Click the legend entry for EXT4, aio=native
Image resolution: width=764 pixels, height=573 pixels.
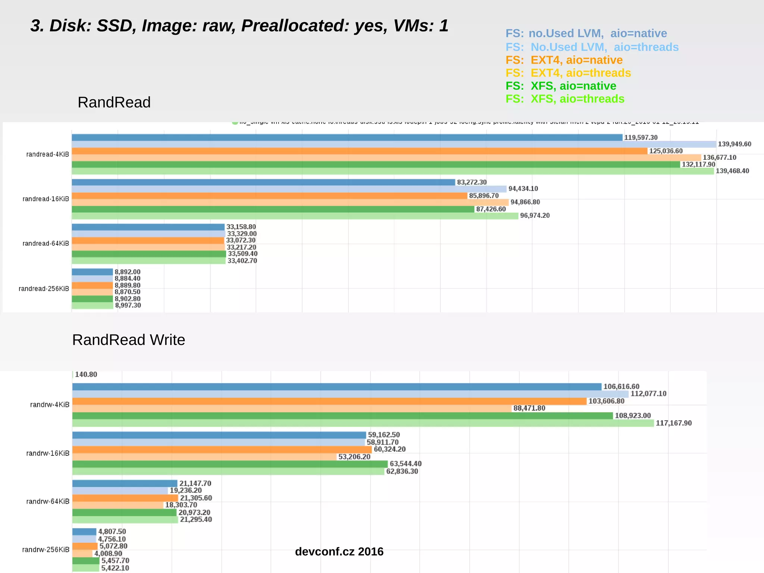pyautogui.click(x=564, y=60)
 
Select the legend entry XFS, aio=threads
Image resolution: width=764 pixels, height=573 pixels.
pyautogui.click(x=564, y=99)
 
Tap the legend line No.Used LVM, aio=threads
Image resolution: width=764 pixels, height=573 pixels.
pyautogui.click(x=592, y=47)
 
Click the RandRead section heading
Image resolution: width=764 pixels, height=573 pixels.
pyautogui.click(x=114, y=102)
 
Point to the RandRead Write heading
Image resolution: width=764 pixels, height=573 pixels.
pyautogui.click(x=128, y=340)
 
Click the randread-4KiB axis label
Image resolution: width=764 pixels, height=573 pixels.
pyautogui.click(x=47, y=155)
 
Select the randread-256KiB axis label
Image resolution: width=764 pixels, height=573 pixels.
pyautogui.click(x=44, y=289)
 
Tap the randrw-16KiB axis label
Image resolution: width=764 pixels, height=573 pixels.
pyautogui.click(x=48, y=454)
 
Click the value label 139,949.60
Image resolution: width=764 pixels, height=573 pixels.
pyautogui.click(x=734, y=144)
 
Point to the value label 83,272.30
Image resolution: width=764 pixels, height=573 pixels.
pyautogui.click(x=472, y=182)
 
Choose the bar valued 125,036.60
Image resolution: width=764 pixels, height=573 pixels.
pyautogui.click(x=359, y=151)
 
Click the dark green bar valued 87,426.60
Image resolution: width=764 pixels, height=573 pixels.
pyautogui.click(x=272, y=209)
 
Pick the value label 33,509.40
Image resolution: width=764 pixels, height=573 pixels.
pyautogui.click(x=242, y=254)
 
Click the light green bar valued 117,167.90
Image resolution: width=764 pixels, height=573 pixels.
pyautogui.click(x=363, y=423)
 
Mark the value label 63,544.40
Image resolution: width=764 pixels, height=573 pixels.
pyautogui.click(x=406, y=464)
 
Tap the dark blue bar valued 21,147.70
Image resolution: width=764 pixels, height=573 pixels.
pyautogui.click(x=125, y=484)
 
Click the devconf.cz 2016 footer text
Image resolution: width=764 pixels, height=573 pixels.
pyautogui.click(x=339, y=552)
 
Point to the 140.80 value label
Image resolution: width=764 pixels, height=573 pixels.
pyautogui.click(x=86, y=374)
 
